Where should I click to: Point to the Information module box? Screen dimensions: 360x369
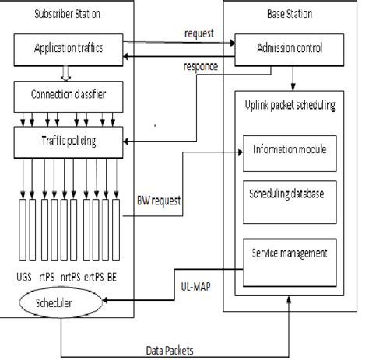290,149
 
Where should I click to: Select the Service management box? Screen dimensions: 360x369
289,253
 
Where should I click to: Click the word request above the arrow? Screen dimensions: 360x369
199,33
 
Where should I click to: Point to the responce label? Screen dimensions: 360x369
199,67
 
